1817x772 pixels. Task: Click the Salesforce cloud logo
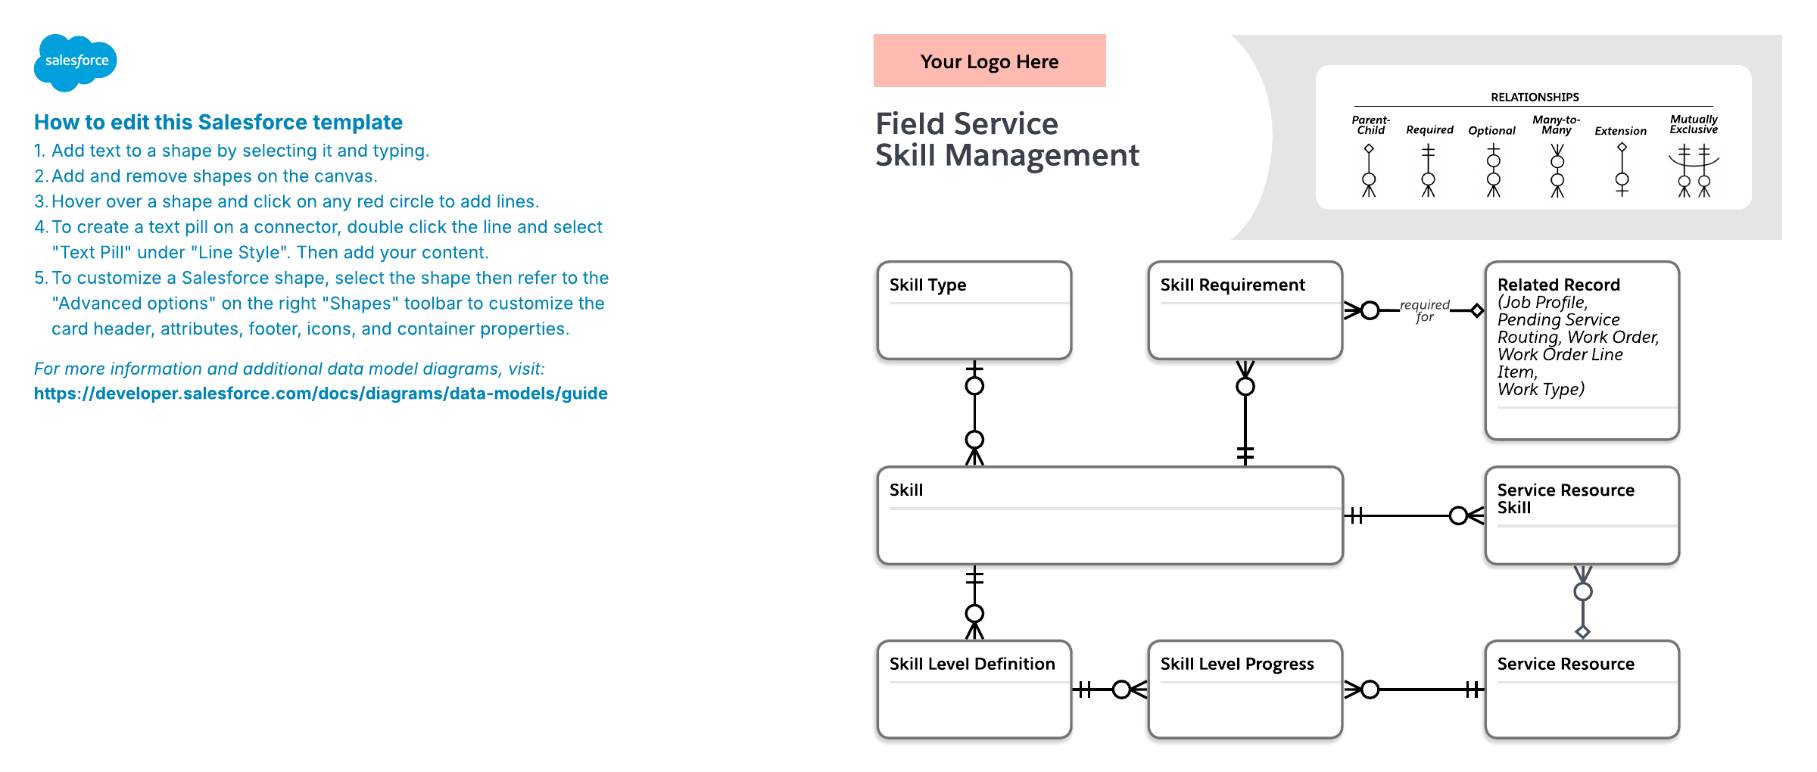pyautogui.click(x=75, y=62)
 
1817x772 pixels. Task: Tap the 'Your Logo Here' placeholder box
pyautogui.click(x=990, y=61)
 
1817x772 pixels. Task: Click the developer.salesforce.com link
pyautogui.click(x=321, y=394)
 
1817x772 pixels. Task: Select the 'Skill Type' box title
pyautogui.click(x=927, y=285)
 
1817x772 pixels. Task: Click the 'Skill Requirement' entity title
pyautogui.click(x=1233, y=285)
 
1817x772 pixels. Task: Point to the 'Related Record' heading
pyautogui.click(x=1559, y=285)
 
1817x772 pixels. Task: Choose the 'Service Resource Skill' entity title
pyautogui.click(x=1566, y=499)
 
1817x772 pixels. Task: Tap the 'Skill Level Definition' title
pyautogui.click(x=972, y=664)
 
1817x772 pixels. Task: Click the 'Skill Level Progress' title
pyautogui.click(x=1237, y=664)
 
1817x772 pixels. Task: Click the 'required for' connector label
pyautogui.click(x=1425, y=311)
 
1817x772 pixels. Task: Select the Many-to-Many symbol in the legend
pyautogui.click(x=1557, y=171)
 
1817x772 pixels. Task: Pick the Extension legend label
pyautogui.click(x=1620, y=131)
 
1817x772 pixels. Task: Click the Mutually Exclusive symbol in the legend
pyautogui.click(x=1694, y=171)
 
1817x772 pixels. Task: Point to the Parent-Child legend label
pyautogui.click(x=1371, y=125)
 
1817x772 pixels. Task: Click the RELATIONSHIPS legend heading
pyautogui.click(x=1535, y=97)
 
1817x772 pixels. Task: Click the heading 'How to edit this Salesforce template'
pyautogui.click(x=218, y=122)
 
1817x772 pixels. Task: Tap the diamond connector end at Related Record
pyautogui.click(x=1477, y=310)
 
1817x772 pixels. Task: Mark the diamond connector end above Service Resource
pyautogui.click(x=1582, y=631)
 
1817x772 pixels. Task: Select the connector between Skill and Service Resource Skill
pyautogui.click(x=1414, y=516)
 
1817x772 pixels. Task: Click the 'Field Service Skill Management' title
pyautogui.click(x=1007, y=139)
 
